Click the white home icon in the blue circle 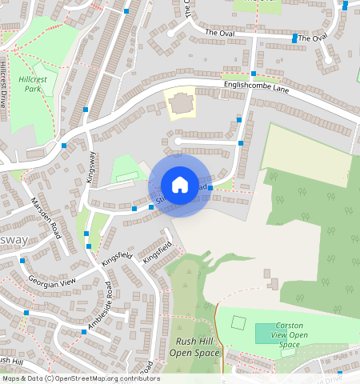point(180,185)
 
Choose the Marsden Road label point(45,214)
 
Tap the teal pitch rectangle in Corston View point(267,333)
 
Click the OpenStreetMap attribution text point(80,378)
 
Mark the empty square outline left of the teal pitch point(238,322)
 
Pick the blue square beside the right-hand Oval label point(295,38)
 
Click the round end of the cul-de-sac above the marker point(177,142)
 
